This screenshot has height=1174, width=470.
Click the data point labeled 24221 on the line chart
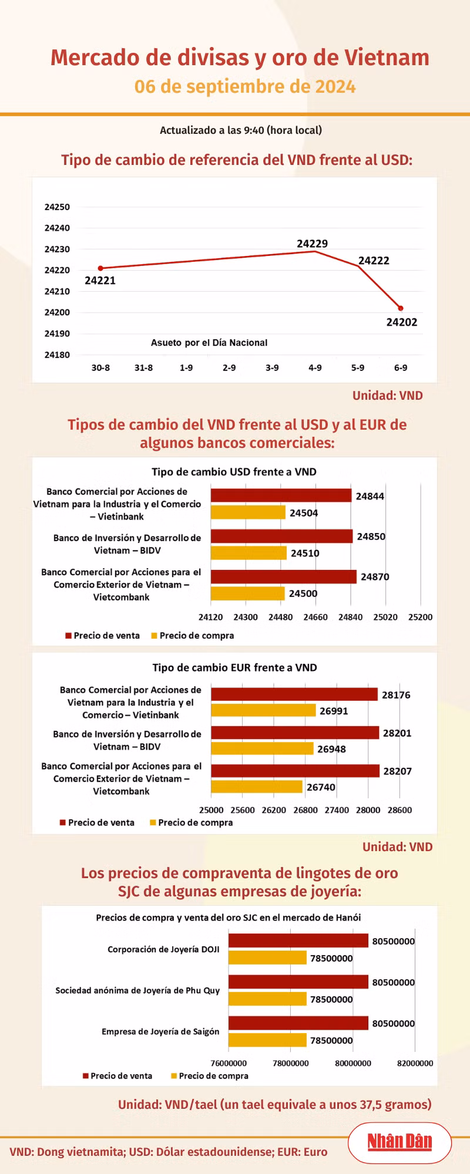(100, 268)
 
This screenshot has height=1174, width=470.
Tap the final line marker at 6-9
(401, 308)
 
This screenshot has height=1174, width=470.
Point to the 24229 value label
(312, 244)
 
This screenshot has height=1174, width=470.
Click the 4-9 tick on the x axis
(315, 368)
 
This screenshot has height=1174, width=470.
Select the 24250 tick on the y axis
(57, 207)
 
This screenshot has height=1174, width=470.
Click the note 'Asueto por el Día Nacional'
(209, 343)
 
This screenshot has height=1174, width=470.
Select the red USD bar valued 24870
(283, 576)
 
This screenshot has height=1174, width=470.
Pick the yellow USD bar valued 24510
(249, 553)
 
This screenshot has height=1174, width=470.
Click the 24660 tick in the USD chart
(315, 617)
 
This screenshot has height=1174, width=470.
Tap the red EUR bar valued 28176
(294, 694)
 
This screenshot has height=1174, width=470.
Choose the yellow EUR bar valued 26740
(257, 787)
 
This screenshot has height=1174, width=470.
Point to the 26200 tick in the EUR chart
(274, 810)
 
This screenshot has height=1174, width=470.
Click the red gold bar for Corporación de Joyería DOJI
(298, 941)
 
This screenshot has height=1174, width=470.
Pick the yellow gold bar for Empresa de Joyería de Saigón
(267, 1040)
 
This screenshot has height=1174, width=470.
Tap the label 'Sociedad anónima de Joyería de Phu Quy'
(137, 990)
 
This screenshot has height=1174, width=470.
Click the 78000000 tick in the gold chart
(291, 1063)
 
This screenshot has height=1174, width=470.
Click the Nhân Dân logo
(399, 1142)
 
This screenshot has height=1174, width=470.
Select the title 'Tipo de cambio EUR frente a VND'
(234, 667)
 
